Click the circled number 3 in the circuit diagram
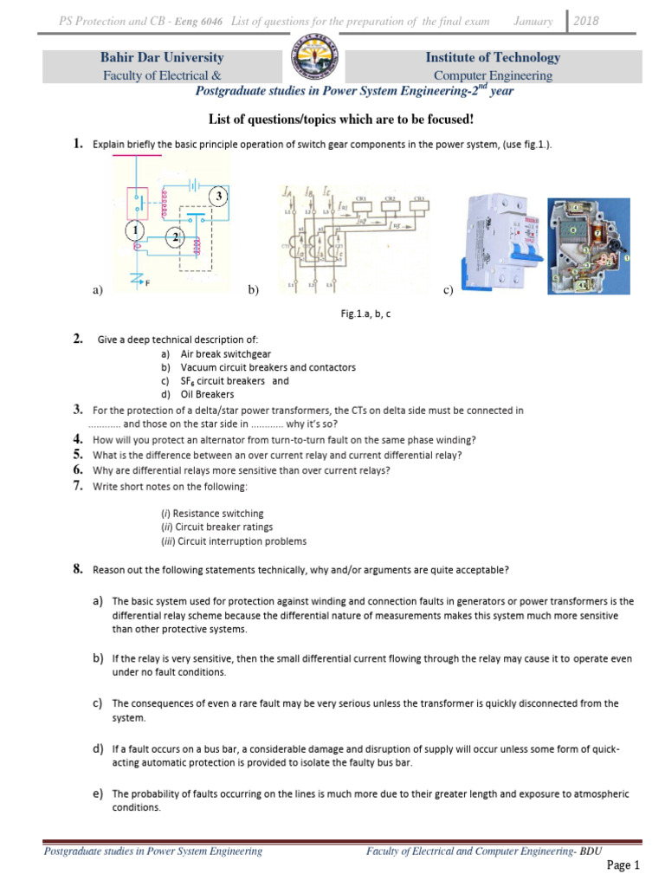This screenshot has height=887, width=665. (x=220, y=197)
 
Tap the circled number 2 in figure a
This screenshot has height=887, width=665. (x=176, y=237)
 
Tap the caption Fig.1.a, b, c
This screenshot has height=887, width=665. (x=365, y=314)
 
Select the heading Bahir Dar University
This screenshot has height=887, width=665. (x=162, y=58)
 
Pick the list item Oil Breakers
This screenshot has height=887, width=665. (x=208, y=395)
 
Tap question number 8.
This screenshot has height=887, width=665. (x=77, y=569)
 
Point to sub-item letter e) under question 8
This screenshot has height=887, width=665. (x=98, y=793)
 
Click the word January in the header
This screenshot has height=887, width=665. (x=533, y=20)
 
